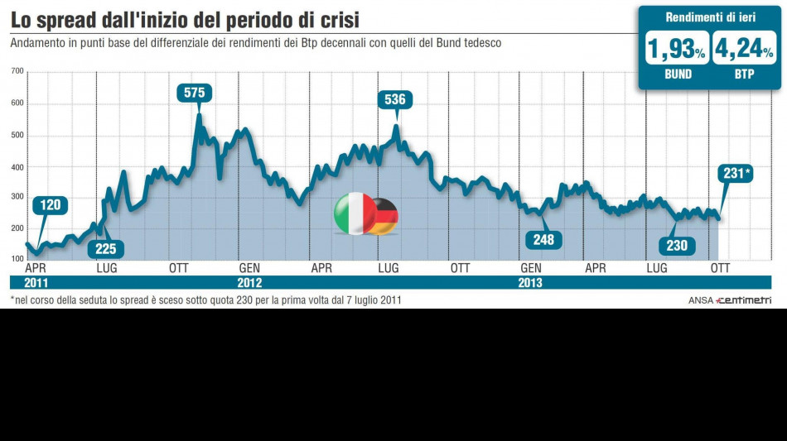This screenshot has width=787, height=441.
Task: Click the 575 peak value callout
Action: (x=194, y=93)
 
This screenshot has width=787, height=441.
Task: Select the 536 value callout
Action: (x=395, y=100)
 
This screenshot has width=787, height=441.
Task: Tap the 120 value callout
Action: (x=51, y=205)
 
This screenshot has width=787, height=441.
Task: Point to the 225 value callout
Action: (x=106, y=248)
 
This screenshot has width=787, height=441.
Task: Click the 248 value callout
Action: (x=543, y=240)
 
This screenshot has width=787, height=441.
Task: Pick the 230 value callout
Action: (x=677, y=245)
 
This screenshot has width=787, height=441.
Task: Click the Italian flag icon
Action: (x=353, y=213)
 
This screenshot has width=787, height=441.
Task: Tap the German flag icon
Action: (x=384, y=216)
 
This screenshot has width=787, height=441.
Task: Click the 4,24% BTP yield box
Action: (x=744, y=50)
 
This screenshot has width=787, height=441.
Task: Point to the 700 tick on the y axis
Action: (x=17, y=73)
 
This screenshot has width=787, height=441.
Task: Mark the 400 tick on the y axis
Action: (x=17, y=167)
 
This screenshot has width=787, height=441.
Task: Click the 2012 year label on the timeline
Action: (x=249, y=283)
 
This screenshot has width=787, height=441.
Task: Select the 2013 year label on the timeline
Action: (x=531, y=283)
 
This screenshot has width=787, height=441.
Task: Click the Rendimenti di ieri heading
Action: (x=709, y=17)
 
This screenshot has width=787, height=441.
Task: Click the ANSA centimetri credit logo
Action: (x=729, y=300)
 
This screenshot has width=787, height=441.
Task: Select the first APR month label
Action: (x=36, y=268)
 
